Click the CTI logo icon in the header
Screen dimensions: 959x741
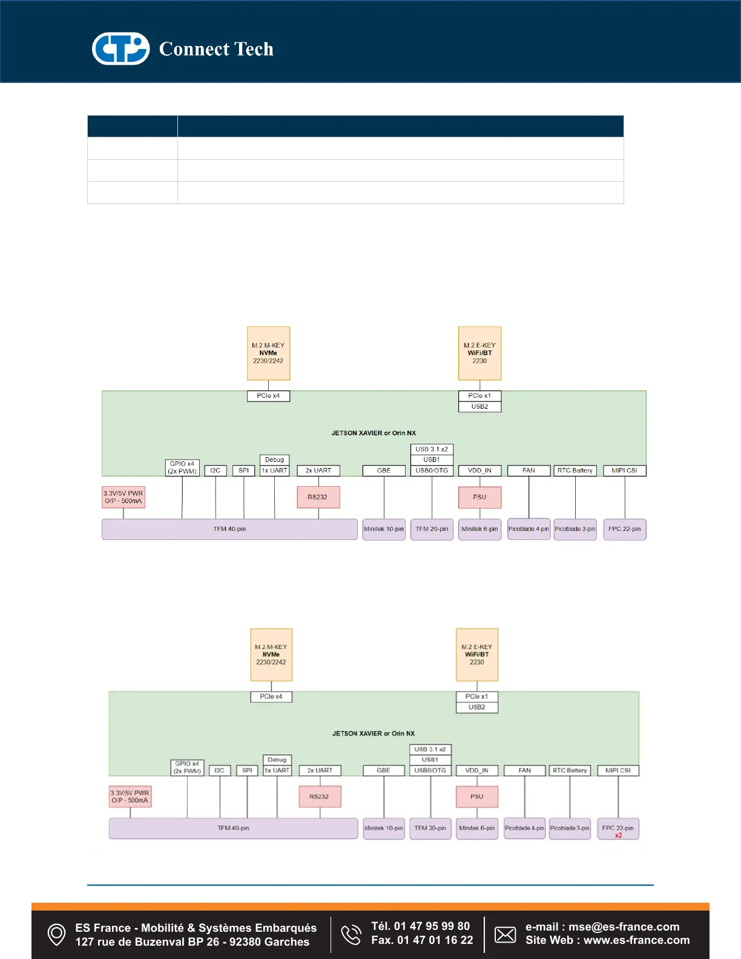point(120,48)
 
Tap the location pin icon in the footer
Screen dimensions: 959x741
point(56,934)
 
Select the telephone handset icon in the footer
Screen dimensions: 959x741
point(351,934)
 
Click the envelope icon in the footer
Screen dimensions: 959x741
point(505,934)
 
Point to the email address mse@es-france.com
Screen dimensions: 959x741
point(624,927)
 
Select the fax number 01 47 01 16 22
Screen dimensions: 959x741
point(435,940)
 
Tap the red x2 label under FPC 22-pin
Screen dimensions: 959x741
point(618,835)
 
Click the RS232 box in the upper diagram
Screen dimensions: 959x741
point(318,497)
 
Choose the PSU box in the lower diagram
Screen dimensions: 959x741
point(477,797)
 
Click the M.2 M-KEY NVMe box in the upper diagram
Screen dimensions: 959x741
point(268,353)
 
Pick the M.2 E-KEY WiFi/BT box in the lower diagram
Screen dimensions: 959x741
point(477,654)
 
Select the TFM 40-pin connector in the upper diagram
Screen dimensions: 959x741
point(229,529)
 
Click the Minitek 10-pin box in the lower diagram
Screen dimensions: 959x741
point(384,828)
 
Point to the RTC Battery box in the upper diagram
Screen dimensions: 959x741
point(575,470)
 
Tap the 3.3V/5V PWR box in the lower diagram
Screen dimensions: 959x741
point(130,796)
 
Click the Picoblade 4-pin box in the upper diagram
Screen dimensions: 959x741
point(529,529)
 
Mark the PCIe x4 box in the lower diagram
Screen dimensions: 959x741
point(271,697)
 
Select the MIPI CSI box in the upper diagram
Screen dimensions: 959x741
point(624,470)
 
